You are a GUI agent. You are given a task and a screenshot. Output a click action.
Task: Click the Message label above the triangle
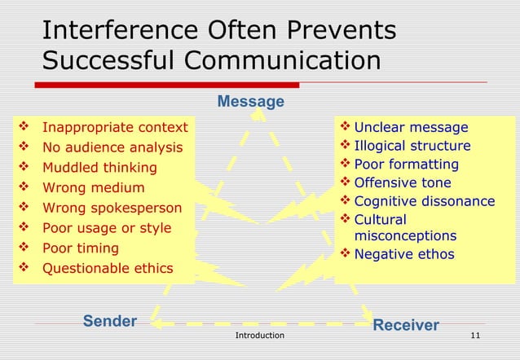click(x=250, y=102)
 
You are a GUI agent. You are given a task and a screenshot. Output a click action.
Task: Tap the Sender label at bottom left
click(x=110, y=321)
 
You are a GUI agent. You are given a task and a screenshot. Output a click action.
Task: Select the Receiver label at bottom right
click(x=405, y=325)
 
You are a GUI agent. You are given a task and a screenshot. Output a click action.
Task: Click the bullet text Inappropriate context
click(x=114, y=127)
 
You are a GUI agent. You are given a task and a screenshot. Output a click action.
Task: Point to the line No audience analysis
click(x=112, y=147)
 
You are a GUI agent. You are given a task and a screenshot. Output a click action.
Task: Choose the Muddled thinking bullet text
click(x=99, y=168)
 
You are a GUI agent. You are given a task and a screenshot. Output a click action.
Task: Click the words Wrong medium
click(x=93, y=188)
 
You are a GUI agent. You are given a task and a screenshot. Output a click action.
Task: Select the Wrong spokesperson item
click(x=112, y=208)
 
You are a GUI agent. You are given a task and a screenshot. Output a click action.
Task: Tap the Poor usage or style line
click(x=106, y=228)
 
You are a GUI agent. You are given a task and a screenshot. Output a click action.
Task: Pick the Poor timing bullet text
click(x=80, y=248)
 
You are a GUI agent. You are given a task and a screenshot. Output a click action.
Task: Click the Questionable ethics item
click(x=107, y=268)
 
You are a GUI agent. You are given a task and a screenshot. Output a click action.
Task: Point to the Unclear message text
click(x=411, y=127)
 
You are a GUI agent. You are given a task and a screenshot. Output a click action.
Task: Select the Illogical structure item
click(x=412, y=146)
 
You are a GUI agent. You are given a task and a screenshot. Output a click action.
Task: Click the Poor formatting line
click(x=406, y=165)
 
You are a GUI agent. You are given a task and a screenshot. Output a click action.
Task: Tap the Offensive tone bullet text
click(x=402, y=183)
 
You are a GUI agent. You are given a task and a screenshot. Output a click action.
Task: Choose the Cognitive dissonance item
click(x=424, y=201)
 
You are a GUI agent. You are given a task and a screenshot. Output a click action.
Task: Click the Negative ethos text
click(x=403, y=254)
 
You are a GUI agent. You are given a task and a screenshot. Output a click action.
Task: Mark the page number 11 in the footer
click(x=476, y=336)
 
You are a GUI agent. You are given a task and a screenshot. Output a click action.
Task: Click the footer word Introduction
click(x=259, y=336)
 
